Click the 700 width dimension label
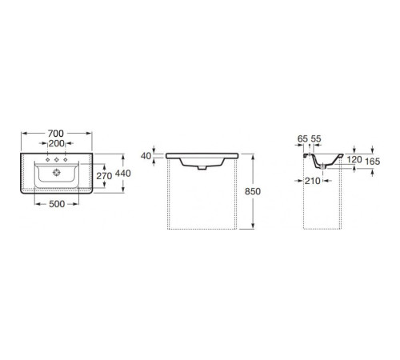56,133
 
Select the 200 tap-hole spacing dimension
57,143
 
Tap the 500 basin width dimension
57,204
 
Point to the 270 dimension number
104,176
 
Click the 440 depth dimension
123,174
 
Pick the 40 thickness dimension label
146,156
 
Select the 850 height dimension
253,191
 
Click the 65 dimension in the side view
302,138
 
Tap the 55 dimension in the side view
316,138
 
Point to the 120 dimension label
354,159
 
